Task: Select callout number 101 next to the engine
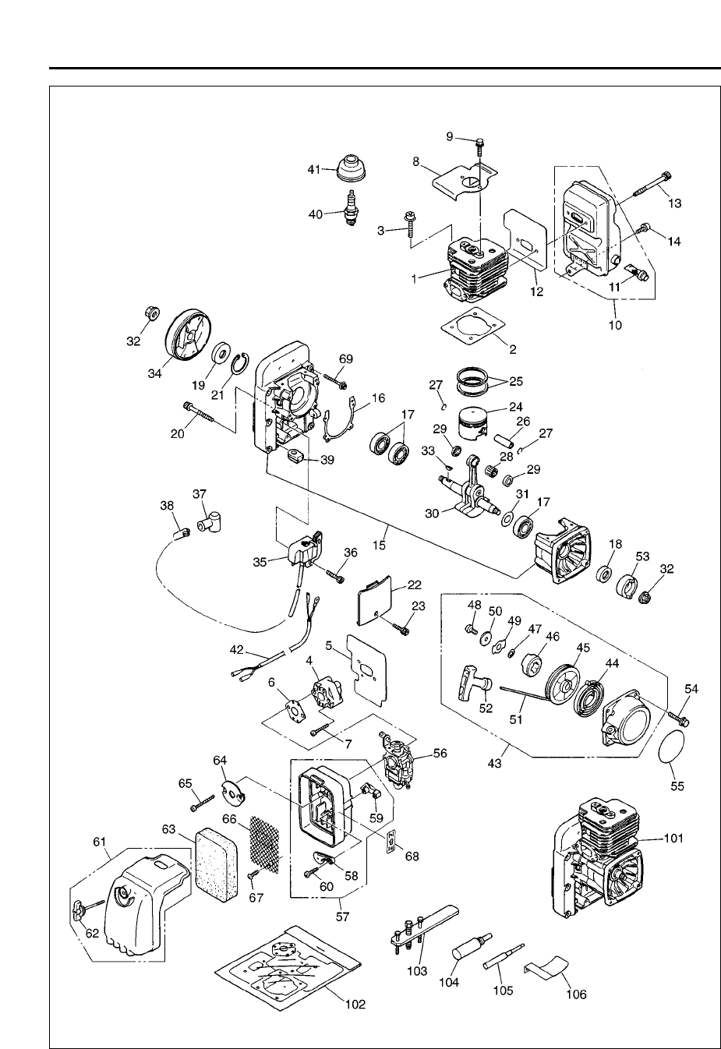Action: [x=673, y=839]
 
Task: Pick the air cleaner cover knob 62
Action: [x=79, y=909]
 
